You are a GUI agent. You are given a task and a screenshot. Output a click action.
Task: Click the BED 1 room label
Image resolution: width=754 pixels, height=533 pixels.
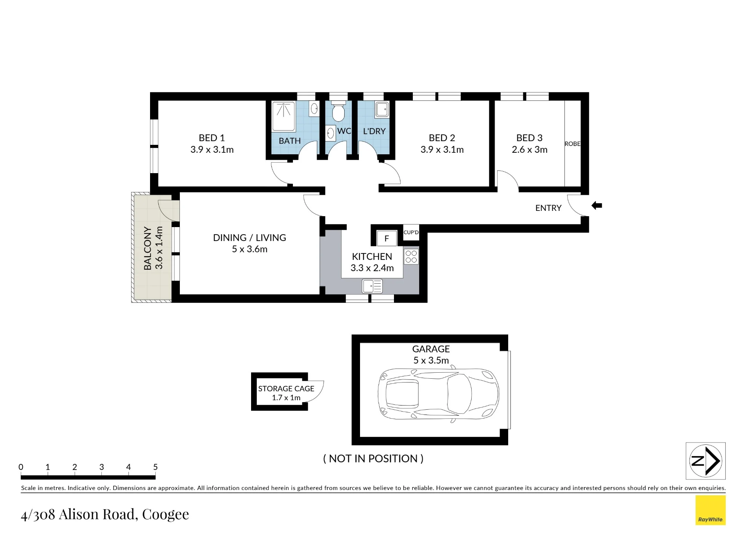point(212,138)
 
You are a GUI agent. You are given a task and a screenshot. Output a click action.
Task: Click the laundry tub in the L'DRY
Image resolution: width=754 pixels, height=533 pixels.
point(382,109)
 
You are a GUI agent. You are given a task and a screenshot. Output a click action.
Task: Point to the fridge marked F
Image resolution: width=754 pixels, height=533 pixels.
point(386,238)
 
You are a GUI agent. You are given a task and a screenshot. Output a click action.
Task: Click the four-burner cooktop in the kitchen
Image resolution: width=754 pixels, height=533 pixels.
point(411,257)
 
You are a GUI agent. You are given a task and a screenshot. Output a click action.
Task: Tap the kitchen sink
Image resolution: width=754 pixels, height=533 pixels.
point(372,286)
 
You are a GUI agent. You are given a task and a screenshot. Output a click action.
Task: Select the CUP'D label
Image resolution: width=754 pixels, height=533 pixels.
point(411,232)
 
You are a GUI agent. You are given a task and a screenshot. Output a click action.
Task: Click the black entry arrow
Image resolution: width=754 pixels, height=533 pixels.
point(596,206)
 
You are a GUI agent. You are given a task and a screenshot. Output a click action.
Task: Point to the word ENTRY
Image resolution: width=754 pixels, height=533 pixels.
point(548,208)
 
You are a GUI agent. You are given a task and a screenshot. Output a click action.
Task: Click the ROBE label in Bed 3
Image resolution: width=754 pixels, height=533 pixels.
point(572,144)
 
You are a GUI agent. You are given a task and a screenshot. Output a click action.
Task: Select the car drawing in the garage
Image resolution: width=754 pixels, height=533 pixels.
point(438,394)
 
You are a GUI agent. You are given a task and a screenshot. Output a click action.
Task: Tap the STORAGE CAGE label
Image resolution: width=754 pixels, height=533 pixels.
point(286,389)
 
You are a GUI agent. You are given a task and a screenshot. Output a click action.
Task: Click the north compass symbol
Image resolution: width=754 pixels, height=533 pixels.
point(705,461)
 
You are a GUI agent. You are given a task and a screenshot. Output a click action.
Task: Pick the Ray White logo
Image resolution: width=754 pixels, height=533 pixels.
point(710,510)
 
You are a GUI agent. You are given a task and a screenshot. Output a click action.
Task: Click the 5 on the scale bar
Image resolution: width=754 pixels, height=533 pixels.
point(155,467)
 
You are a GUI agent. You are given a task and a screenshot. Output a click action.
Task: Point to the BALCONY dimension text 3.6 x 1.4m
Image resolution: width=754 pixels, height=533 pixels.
point(159,248)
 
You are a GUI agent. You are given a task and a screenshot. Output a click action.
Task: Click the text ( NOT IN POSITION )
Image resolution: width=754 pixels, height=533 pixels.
point(373,458)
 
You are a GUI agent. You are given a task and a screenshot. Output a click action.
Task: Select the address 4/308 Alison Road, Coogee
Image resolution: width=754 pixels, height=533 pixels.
point(105,514)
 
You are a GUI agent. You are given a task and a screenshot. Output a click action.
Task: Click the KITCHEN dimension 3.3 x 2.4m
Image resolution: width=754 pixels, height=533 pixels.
point(372,268)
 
